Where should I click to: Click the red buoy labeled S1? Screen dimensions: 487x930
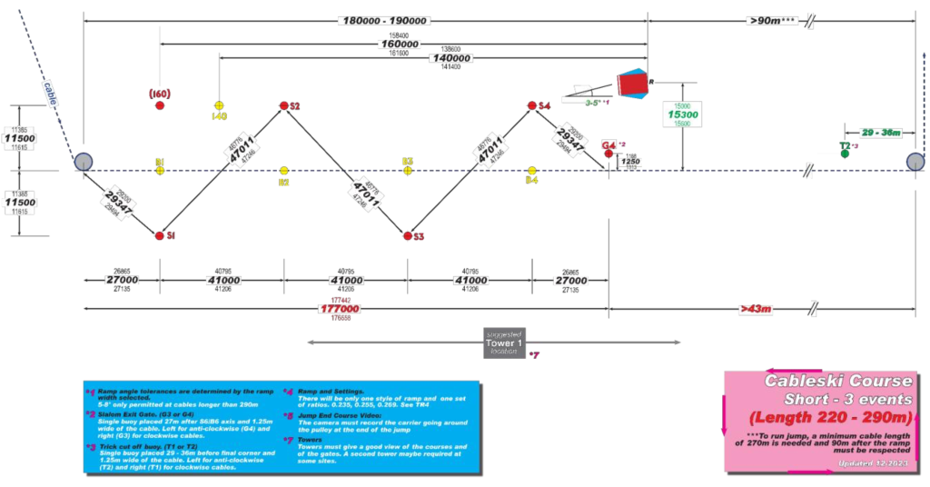pos(160,235)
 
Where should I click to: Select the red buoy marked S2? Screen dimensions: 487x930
pos(283,106)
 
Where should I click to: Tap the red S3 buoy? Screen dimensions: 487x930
pos(408,236)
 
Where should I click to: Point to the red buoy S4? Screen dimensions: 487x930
pos(532,106)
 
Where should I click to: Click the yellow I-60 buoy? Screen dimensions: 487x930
pos(219,106)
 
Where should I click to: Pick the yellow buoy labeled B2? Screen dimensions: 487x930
pos(284,170)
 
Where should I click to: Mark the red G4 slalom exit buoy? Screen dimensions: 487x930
pos(608,154)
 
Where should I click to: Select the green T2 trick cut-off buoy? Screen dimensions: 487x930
pos(846,154)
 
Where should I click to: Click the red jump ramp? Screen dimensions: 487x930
pos(630,84)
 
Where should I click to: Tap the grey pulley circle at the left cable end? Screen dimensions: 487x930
pos(83,162)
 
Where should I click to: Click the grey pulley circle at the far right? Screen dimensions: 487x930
pos(915,162)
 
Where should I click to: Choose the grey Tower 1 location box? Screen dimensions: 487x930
pos(506,343)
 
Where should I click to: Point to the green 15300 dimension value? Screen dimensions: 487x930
pos(683,115)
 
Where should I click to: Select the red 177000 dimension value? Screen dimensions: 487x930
pos(341,309)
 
